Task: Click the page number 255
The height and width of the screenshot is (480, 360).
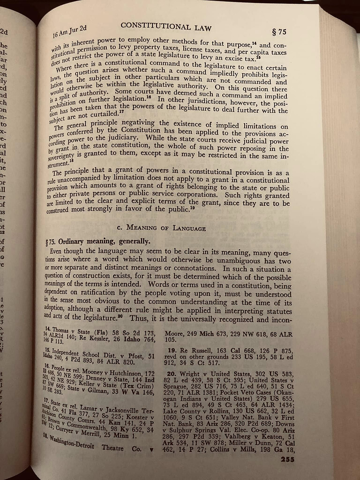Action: (287, 459)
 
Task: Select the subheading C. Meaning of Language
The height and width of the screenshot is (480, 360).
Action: (161, 228)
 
